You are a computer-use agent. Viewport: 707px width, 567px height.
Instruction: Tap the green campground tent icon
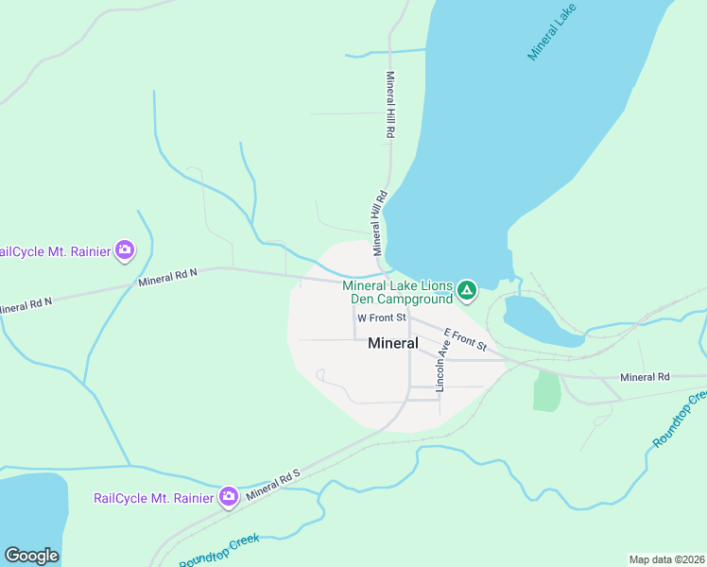click(x=466, y=290)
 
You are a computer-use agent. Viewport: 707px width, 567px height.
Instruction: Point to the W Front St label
click(x=382, y=318)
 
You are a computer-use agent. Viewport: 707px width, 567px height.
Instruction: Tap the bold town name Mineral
click(x=393, y=344)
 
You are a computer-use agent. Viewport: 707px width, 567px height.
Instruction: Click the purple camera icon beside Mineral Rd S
click(x=228, y=496)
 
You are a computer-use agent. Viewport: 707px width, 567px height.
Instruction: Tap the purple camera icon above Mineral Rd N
click(x=125, y=250)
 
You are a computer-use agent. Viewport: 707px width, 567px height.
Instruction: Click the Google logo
click(x=31, y=556)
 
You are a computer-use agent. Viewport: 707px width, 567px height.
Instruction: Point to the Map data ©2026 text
click(x=666, y=558)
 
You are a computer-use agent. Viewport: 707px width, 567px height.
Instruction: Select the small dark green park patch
click(x=546, y=390)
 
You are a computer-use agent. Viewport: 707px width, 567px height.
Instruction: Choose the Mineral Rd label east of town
click(x=645, y=377)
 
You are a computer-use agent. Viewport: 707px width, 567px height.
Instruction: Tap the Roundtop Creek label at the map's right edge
click(x=679, y=421)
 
